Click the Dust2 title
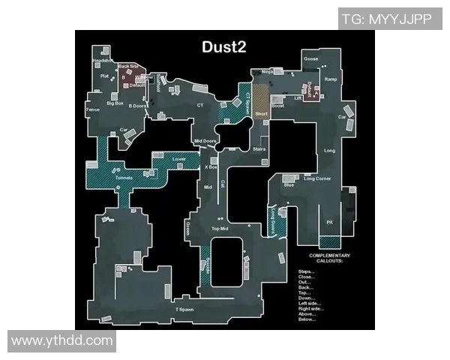click(x=224, y=46)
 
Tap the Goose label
click(x=310, y=59)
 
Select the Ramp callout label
click(x=331, y=79)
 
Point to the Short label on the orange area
click(x=261, y=114)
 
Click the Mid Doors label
click(x=205, y=141)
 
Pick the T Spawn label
click(x=185, y=309)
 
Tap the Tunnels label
click(x=124, y=178)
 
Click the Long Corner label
click(x=317, y=178)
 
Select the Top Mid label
click(x=220, y=228)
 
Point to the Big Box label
click(x=115, y=103)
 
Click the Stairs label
click(x=259, y=150)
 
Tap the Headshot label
click(x=102, y=60)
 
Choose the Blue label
click(x=289, y=184)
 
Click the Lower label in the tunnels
click(x=178, y=159)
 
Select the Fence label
click(x=93, y=110)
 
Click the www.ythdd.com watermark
click(x=61, y=341)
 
